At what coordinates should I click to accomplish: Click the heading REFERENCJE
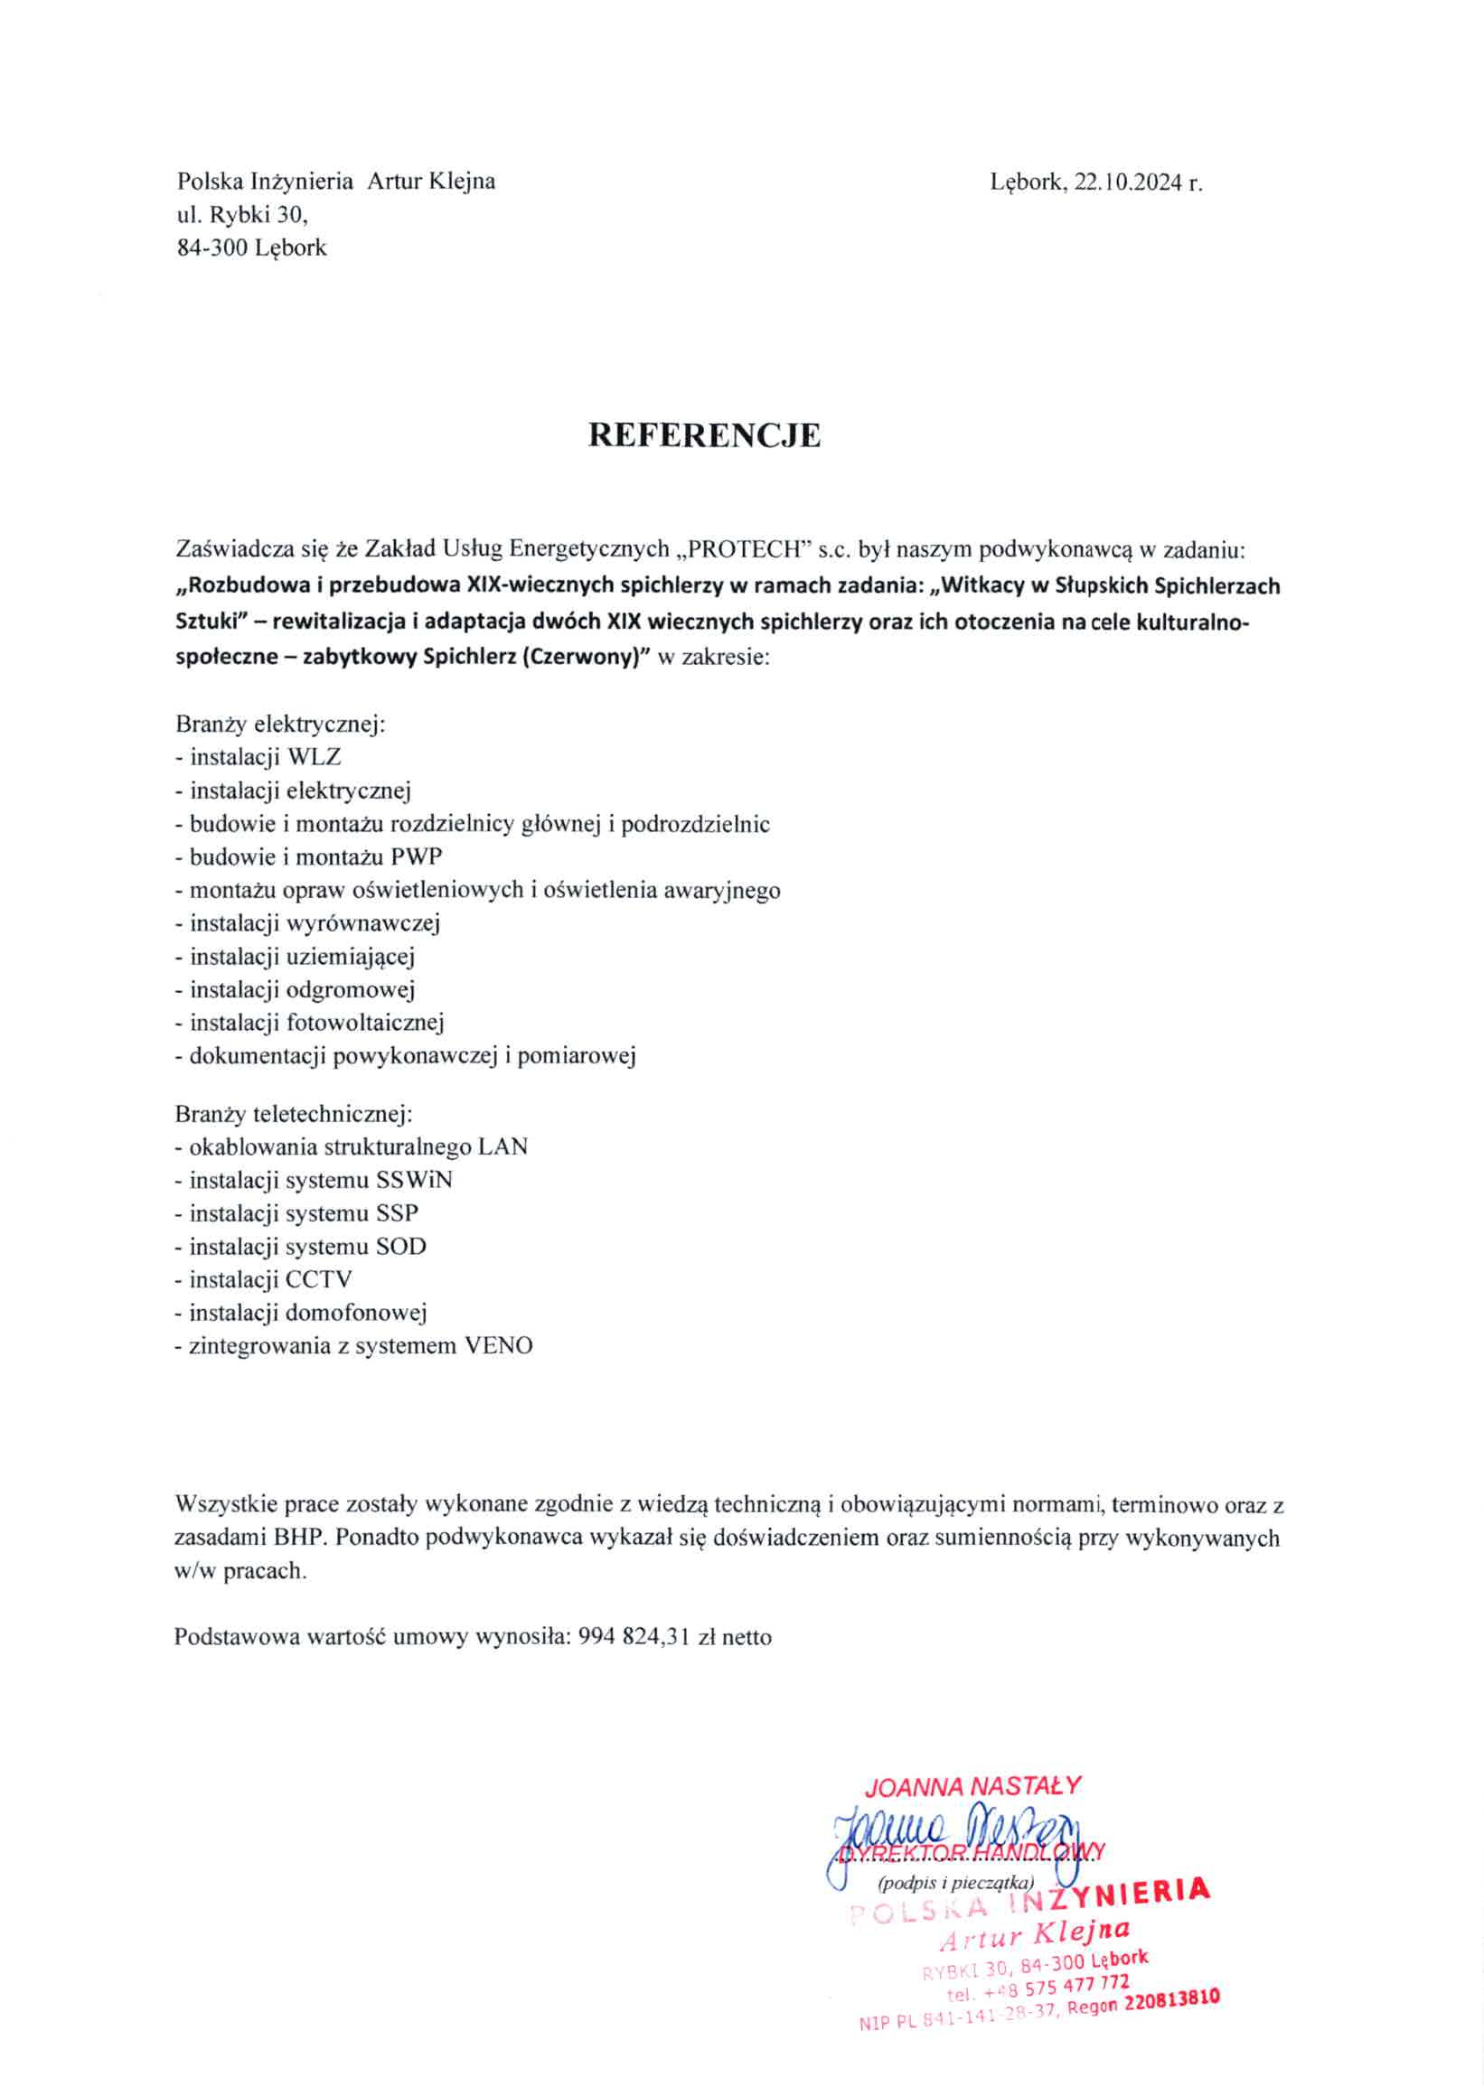pyautogui.click(x=704, y=435)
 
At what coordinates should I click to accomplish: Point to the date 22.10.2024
pyautogui.click(x=1128, y=182)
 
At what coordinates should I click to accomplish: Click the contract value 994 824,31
pyautogui.click(x=633, y=1637)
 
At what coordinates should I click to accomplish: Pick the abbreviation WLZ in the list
pyautogui.click(x=314, y=757)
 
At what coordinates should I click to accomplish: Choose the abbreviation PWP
pyautogui.click(x=417, y=856)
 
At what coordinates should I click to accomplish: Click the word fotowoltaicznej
pyautogui.click(x=364, y=1022)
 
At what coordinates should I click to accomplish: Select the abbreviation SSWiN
pyautogui.click(x=414, y=1180)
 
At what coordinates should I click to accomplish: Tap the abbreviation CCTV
pyautogui.click(x=318, y=1279)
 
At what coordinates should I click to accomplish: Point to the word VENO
pyautogui.click(x=498, y=1345)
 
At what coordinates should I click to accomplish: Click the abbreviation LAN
pyautogui.click(x=502, y=1147)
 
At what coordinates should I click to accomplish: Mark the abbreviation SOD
pyautogui.click(x=401, y=1247)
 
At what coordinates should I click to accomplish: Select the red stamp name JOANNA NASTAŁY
pyautogui.click(x=972, y=1786)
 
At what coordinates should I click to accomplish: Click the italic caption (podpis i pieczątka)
pyautogui.click(x=955, y=1882)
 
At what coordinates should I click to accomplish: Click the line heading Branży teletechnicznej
pyautogui.click(x=295, y=1114)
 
